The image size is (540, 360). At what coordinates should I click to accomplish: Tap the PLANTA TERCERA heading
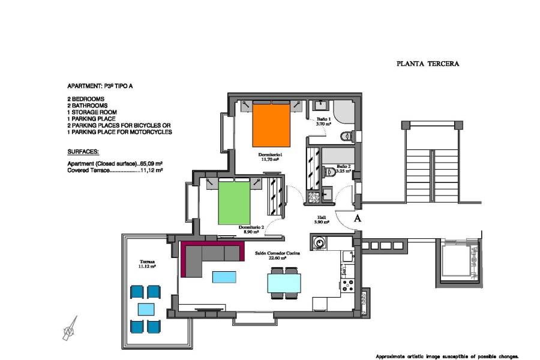point(428,63)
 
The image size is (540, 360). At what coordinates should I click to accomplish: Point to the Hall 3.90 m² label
point(322,220)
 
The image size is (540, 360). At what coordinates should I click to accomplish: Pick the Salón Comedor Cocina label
point(277,254)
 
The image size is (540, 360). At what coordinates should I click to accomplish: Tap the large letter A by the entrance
point(358,218)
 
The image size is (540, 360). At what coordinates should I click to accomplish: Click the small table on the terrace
point(146,309)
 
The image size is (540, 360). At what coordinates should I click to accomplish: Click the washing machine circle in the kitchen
point(319,243)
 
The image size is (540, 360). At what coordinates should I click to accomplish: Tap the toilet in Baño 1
point(346,137)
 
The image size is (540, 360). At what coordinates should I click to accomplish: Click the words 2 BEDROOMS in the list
point(86,98)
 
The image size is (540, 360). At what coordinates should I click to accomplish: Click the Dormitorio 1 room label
point(272,157)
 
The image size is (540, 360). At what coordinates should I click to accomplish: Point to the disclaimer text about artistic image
point(446,355)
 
